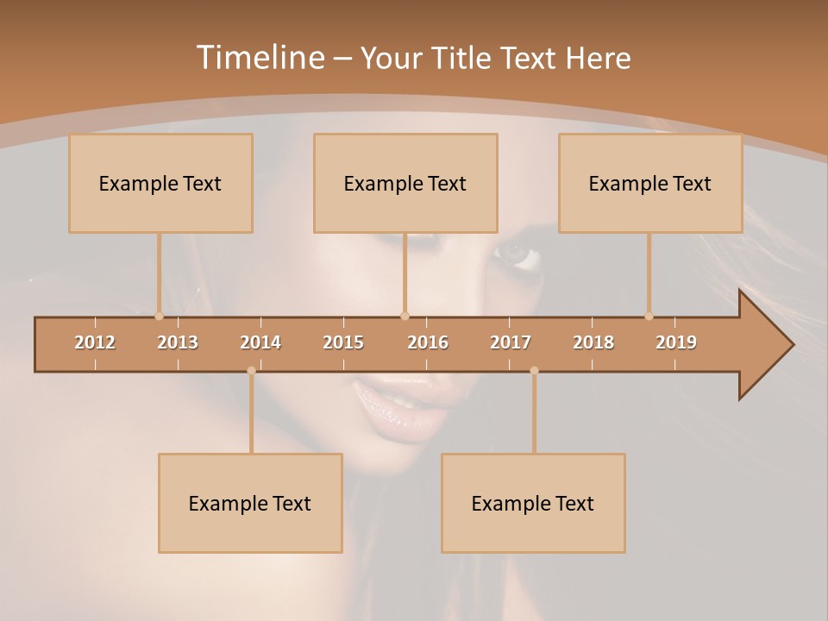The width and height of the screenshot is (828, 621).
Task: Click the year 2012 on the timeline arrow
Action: click(95, 342)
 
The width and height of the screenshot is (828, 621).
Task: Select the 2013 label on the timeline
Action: click(178, 342)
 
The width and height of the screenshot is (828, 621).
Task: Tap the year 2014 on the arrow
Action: click(260, 342)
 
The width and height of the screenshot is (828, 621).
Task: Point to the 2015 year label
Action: click(343, 342)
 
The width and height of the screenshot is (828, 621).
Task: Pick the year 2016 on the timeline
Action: click(428, 342)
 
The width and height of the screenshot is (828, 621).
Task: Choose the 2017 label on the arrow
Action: click(511, 342)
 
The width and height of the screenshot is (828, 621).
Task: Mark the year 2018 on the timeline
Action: click(593, 342)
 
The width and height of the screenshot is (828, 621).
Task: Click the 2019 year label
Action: click(676, 342)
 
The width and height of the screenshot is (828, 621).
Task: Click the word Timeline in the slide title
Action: click(259, 58)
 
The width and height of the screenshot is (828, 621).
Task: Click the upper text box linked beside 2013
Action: click(160, 183)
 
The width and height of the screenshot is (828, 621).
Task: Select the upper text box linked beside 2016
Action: click(405, 183)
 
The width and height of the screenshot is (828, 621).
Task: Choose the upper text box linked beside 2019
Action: click(650, 183)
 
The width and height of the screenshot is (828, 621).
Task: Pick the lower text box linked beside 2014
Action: click(250, 503)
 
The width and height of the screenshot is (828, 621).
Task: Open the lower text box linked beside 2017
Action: click(533, 503)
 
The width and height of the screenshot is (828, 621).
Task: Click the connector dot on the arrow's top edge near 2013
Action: click(159, 316)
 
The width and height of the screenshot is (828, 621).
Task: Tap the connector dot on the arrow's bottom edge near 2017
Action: click(534, 371)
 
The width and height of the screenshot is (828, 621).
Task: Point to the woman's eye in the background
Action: click(516, 253)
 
